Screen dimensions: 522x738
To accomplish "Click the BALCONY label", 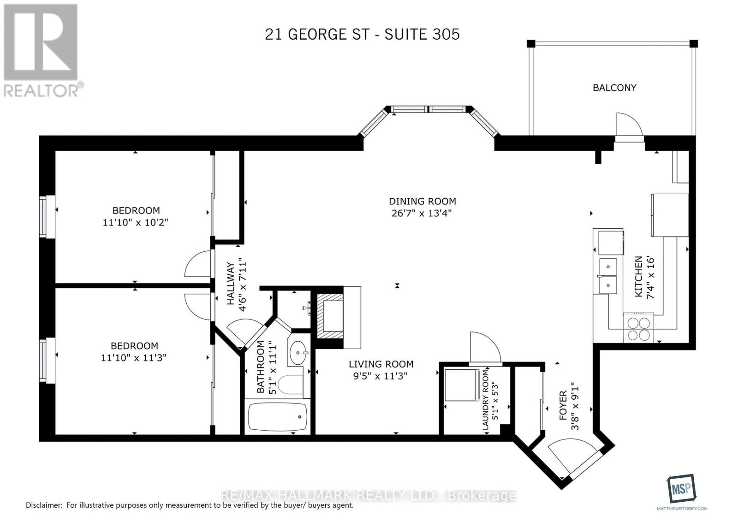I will pos(614,88).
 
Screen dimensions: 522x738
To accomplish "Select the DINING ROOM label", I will pos(422,201).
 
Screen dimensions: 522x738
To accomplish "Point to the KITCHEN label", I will pos(638,277).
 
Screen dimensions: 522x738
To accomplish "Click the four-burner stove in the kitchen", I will pos(639,329).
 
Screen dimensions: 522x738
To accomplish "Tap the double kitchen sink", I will pos(609,276).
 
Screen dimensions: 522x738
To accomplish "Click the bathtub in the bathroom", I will pos(277,417).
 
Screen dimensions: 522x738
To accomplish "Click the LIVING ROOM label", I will pos(381,364).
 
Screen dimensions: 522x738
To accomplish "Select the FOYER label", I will pos(563,405).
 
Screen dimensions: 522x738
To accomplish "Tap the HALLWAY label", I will pos(231,283).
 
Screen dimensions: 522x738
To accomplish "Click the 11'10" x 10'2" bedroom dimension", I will pos(136,222).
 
